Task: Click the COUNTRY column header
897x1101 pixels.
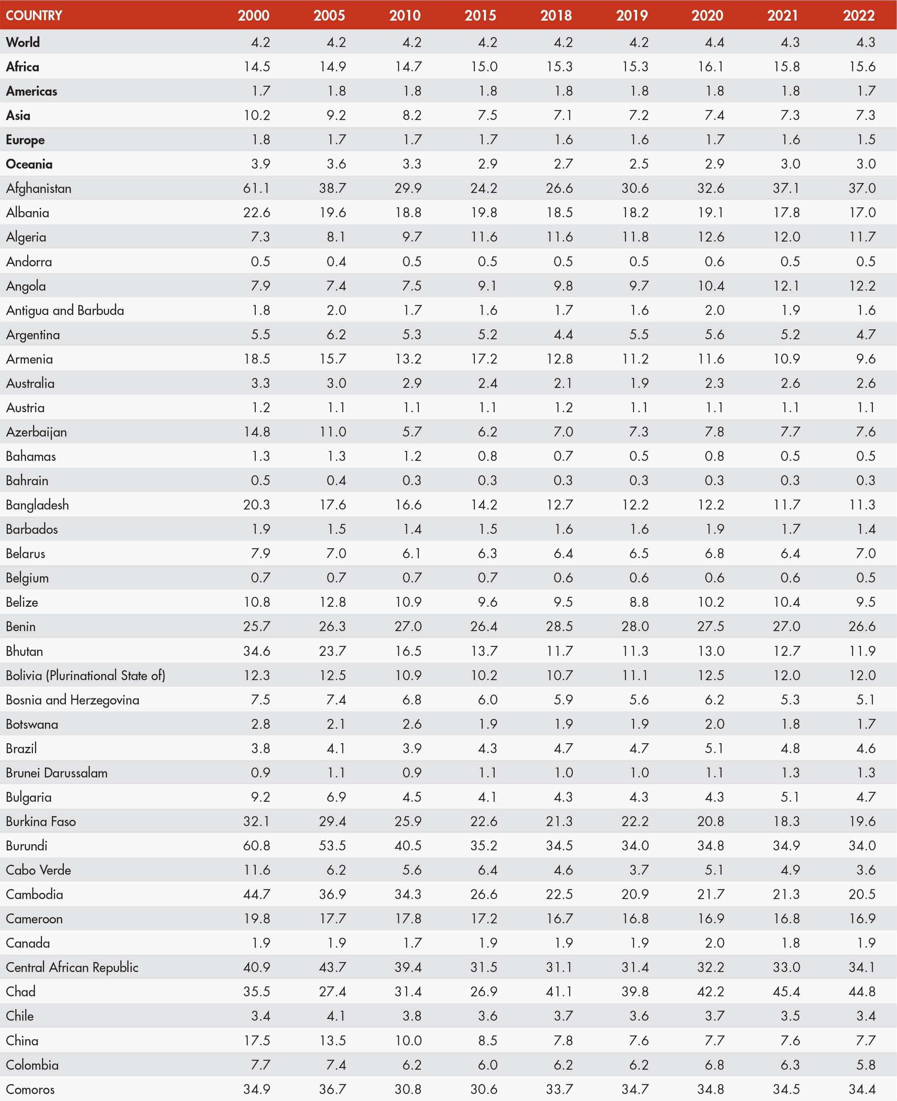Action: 34,15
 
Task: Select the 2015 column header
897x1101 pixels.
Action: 480,15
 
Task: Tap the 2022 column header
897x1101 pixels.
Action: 858,15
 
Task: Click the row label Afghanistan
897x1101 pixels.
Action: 39,188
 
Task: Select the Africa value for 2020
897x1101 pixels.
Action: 710,67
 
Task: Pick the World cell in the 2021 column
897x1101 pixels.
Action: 790,42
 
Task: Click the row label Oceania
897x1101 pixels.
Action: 30,164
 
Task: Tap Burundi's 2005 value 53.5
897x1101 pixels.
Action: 332,845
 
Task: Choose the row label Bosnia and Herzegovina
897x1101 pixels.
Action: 72,700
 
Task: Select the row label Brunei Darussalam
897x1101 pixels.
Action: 57,772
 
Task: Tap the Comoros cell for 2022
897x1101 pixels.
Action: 862,1089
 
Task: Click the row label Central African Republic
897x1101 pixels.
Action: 72,967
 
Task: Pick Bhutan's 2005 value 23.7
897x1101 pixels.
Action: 332,651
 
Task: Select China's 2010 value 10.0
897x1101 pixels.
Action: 408,1040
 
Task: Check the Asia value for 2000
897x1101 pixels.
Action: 257,115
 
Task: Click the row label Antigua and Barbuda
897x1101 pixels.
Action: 65,310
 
